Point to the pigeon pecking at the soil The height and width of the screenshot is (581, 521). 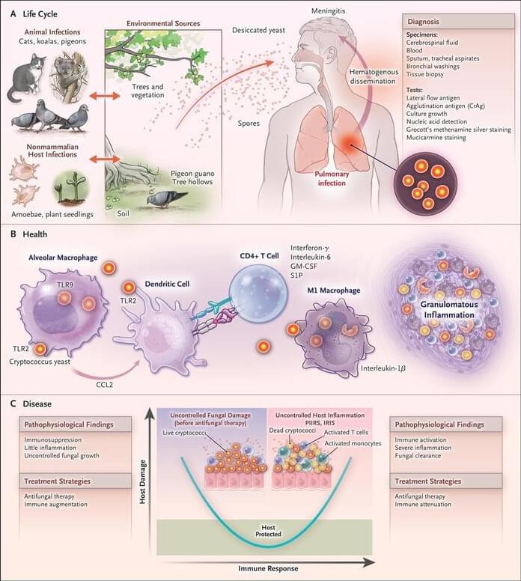click(163, 198)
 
